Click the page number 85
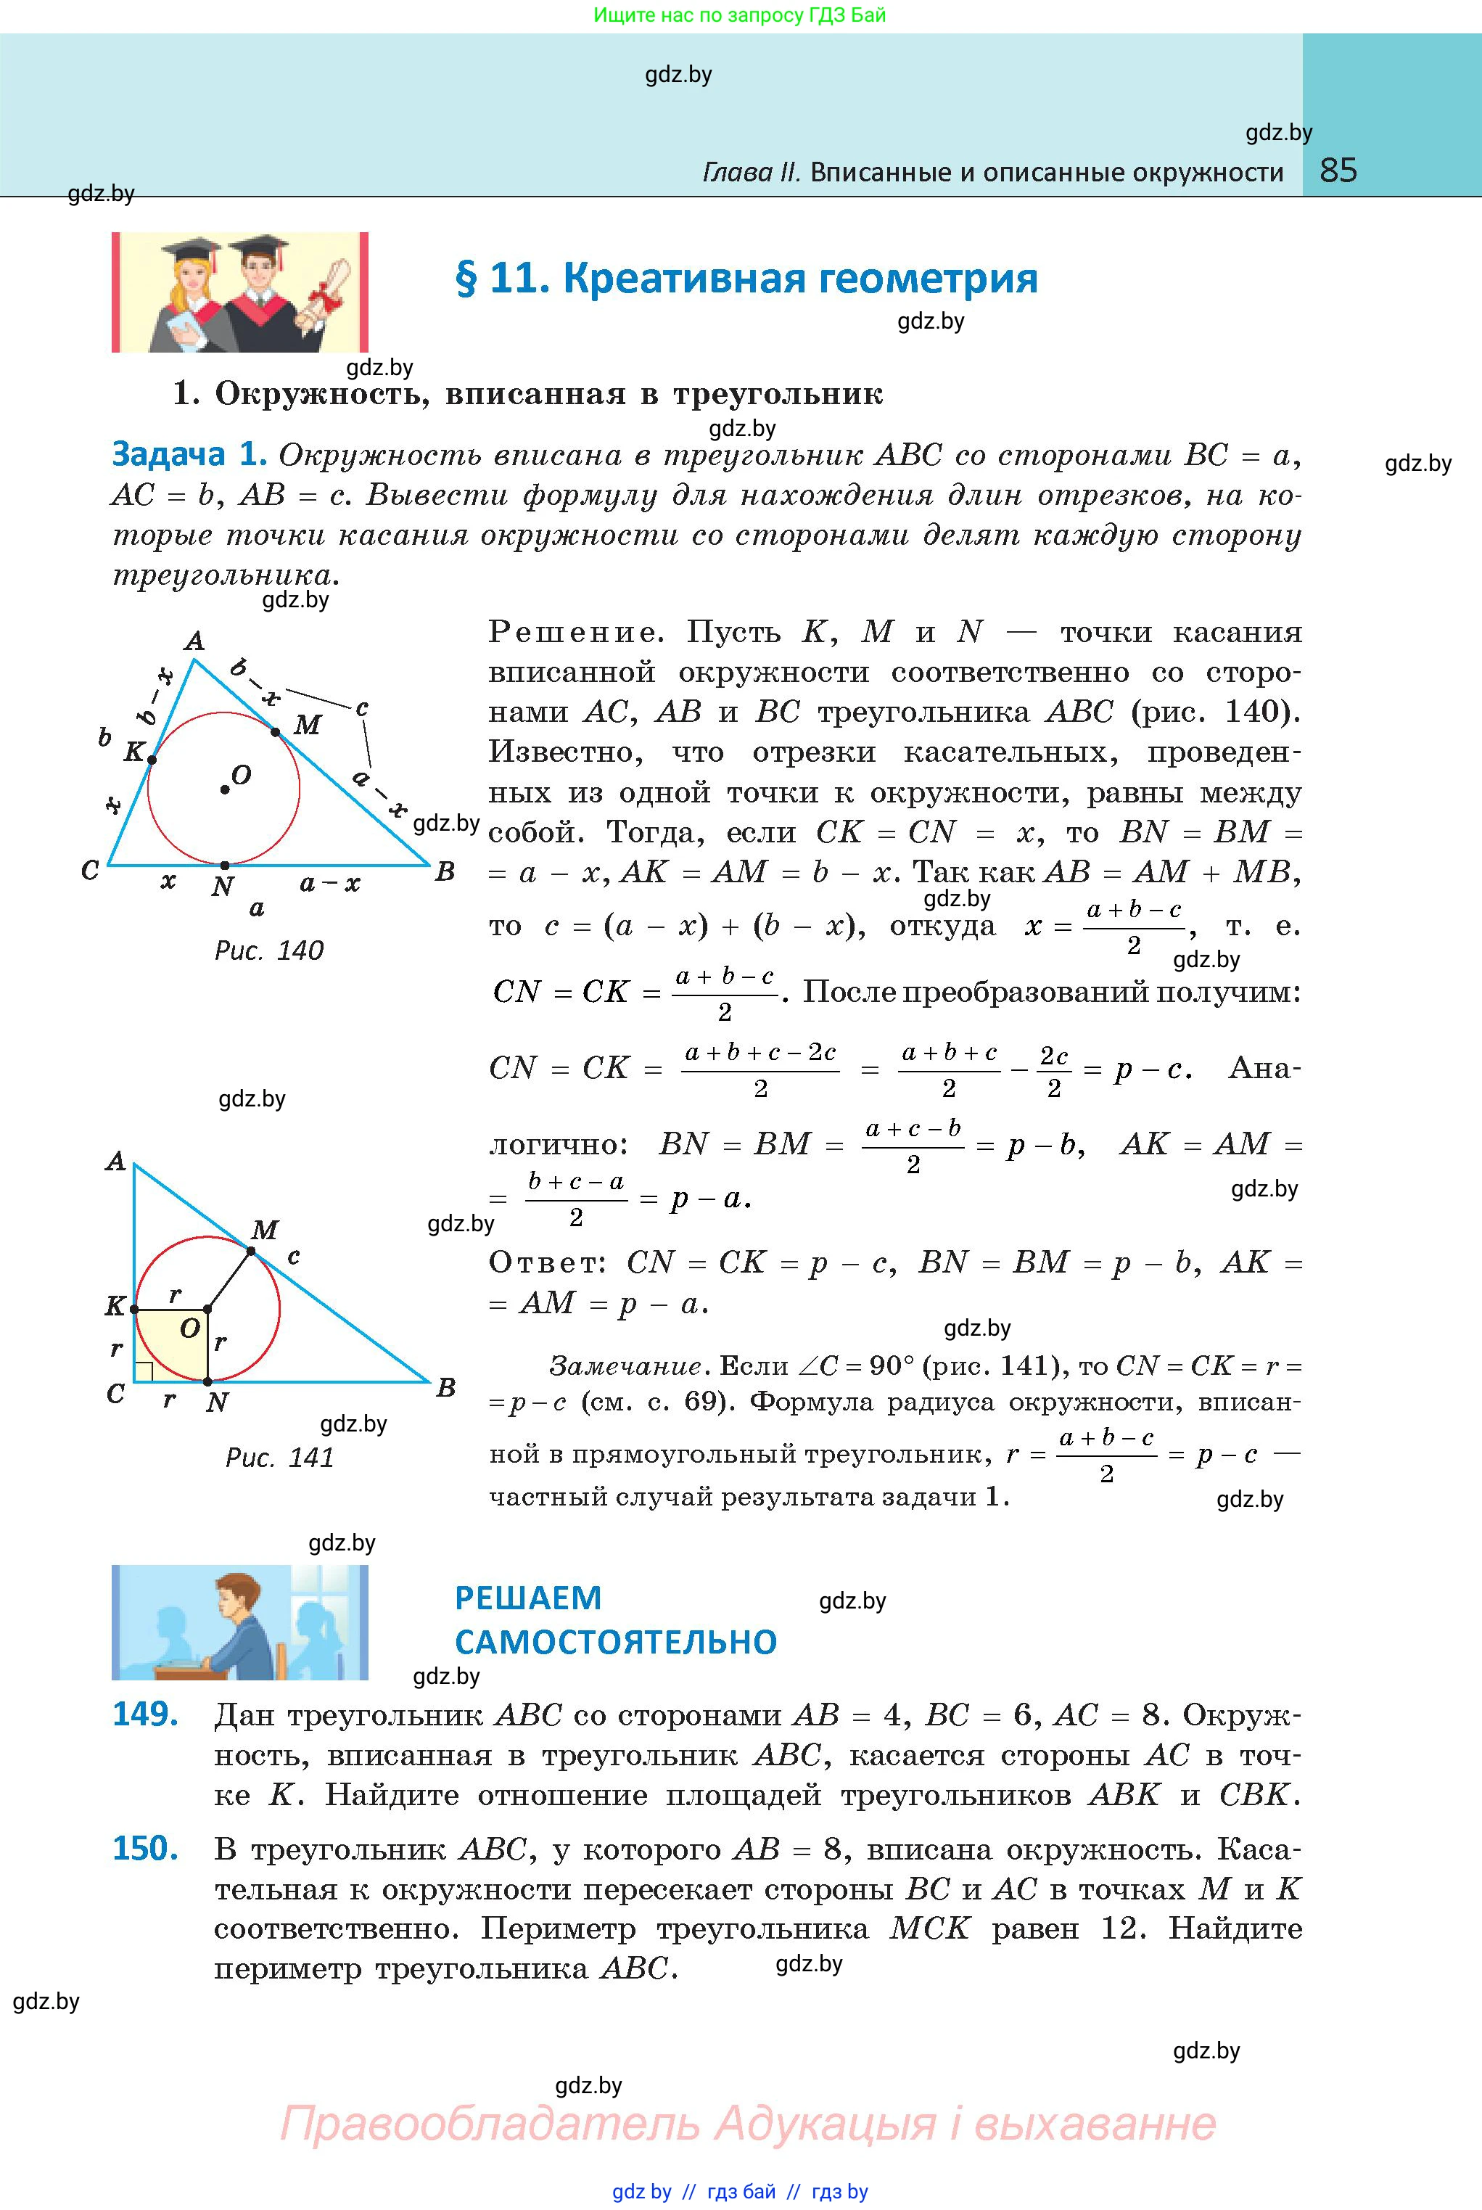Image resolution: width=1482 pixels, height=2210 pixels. click(1338, 171)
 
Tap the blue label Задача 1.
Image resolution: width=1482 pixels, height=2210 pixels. click(189, 455)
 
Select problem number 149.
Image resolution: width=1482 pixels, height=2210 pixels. click(146, 1714)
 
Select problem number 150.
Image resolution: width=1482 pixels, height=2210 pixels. click(146, 1848)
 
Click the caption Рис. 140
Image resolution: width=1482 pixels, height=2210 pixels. click(269, 950)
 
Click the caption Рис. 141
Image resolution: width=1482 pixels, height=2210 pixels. click(280, 1457)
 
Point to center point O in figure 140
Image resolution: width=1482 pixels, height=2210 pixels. click(224, 789)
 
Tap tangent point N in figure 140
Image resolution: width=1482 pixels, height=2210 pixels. click(224, 865)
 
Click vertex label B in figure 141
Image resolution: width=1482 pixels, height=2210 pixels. click(446, 1388)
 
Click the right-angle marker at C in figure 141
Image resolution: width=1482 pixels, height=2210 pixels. click(144, 1371)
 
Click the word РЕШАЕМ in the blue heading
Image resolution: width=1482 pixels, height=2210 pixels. click(528, 1598)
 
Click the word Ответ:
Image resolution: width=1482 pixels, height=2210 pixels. click(547, 1263)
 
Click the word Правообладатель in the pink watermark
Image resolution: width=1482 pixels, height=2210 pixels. click(489, 2124)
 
